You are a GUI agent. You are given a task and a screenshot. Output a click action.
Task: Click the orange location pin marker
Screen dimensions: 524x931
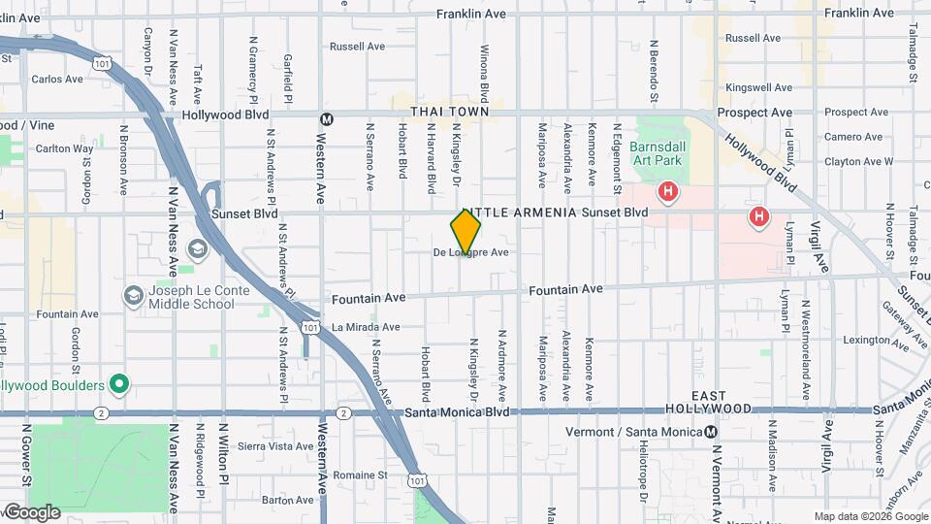(465, 231)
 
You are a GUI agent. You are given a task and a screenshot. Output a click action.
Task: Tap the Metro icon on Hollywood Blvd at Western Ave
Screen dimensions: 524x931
(327, 119)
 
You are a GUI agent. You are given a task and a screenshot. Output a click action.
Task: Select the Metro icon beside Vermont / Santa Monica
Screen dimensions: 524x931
(711, 432)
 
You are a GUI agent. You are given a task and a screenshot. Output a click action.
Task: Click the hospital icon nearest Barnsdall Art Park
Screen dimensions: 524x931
(667, 192)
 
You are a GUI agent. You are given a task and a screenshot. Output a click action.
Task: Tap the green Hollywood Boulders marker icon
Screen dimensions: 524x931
(118, 385)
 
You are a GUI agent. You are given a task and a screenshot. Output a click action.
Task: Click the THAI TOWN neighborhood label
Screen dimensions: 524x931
(449, 113)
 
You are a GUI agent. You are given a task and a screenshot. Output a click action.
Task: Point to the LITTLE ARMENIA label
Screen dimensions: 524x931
(521, 213)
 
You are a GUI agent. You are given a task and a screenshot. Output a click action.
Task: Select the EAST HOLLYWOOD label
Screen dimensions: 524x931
(710, 403)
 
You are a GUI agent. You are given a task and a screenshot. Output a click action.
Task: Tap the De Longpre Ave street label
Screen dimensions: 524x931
(471, 253)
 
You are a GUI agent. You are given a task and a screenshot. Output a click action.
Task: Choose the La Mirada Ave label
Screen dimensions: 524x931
(366, 327)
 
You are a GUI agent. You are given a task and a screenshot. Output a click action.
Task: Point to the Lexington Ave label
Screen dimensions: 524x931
(866, 341)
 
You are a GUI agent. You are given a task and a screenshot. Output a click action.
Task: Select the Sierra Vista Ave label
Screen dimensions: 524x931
(275, 446)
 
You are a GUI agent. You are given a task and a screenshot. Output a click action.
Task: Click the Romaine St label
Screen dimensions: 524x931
(360, 475)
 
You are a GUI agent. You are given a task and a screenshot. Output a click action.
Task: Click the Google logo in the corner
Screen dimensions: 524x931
(31, 512)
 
